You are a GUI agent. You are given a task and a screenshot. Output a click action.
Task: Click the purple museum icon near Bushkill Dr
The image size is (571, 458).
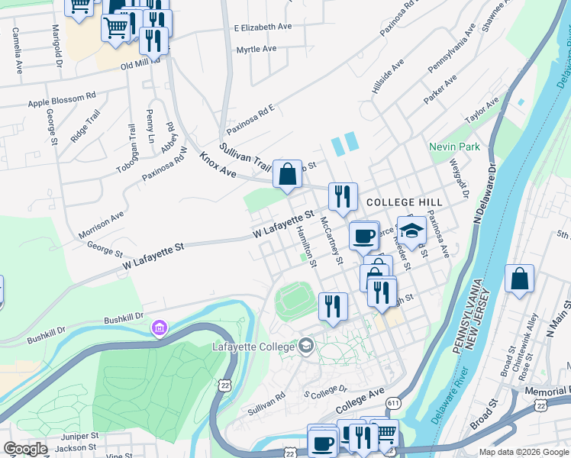tap(160, 328)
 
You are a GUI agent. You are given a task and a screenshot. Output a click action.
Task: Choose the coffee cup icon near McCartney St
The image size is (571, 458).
tap(364, 236)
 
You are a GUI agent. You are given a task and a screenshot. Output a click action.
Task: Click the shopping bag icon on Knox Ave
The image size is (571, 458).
tap(287, 175)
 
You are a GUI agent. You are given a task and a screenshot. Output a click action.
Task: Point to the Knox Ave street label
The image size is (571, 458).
tap(218, 166)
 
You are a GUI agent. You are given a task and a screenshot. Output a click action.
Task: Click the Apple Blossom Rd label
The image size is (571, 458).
tap(62, 100)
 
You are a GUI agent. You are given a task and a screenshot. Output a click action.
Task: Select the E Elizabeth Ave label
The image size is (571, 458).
tap(263, 27)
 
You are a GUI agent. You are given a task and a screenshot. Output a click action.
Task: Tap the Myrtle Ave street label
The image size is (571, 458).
tap(256, 49)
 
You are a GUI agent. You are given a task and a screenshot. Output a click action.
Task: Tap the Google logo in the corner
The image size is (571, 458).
tap(25, 449)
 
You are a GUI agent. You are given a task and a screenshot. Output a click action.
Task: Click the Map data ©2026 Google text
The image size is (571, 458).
tap(523, 452)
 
